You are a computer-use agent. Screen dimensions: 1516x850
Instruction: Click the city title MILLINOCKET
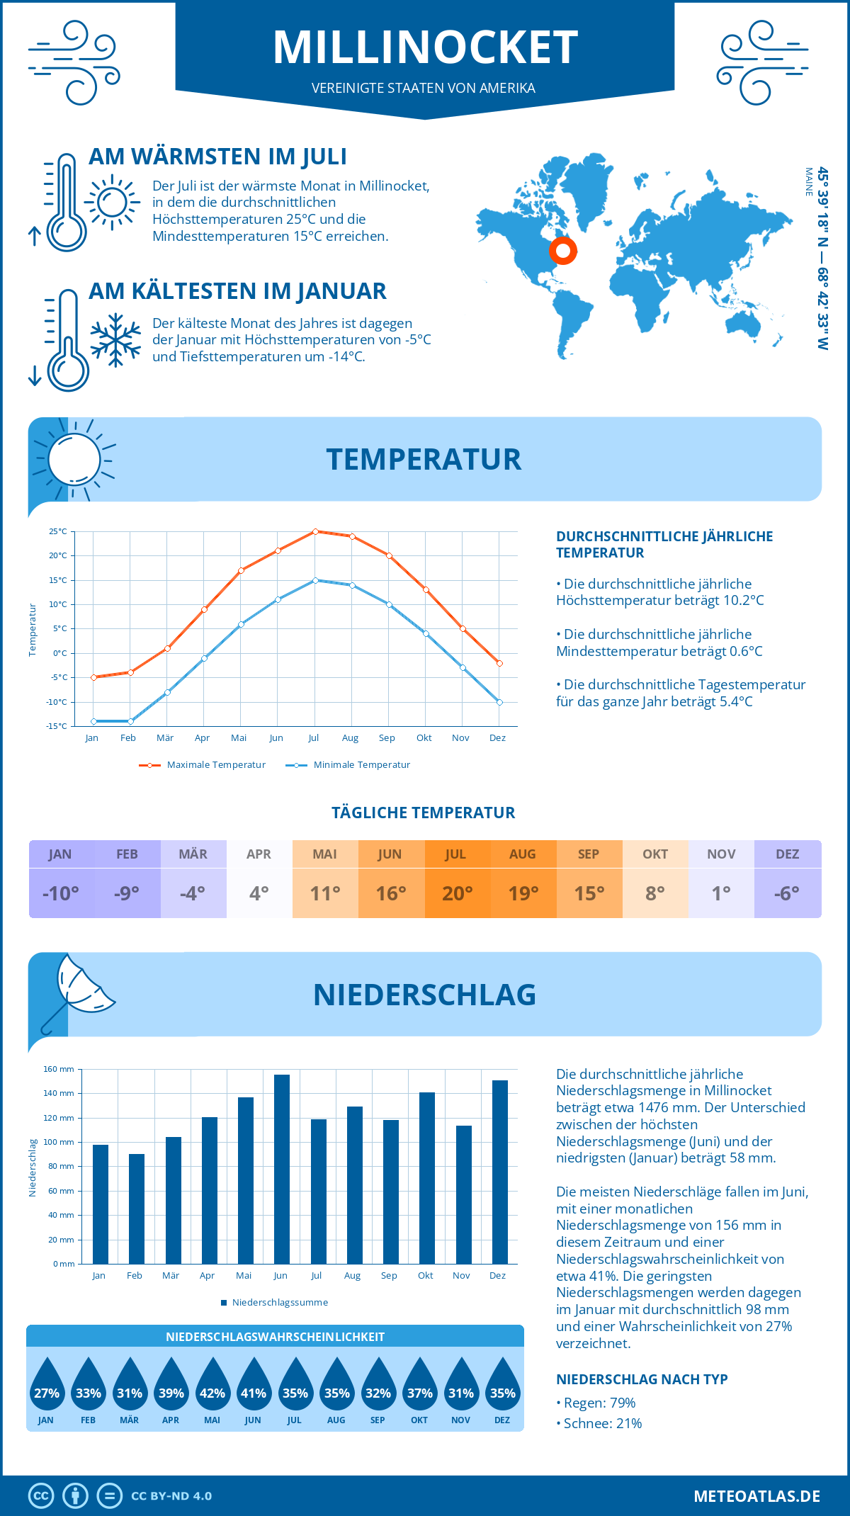pos(425,47)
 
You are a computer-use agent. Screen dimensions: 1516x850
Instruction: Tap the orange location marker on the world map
pos(563,250)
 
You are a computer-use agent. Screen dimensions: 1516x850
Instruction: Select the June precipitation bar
pos(282,1169)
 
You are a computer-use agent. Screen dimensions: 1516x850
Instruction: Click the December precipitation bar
pos(499,1172)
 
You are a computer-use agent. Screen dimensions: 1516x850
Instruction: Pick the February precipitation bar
pos(136,1209)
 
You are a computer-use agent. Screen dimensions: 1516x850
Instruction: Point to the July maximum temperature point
pos(315,531)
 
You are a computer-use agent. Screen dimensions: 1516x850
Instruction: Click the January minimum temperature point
pos(93,721)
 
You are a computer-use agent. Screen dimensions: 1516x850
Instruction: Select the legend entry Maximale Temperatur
pos(203,765)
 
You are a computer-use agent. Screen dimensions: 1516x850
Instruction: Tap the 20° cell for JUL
pos(457,893)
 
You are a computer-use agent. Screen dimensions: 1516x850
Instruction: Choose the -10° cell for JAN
pos(61,893)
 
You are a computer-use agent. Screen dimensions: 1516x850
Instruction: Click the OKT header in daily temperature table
pos(655,854)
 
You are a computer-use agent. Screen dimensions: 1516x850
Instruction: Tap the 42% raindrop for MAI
pos(212,1386)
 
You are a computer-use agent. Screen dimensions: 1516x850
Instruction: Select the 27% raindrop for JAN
pos(47,1386)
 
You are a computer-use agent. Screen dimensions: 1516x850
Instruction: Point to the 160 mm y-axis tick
pos(59,1069)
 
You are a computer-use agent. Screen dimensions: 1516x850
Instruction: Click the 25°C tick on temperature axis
pos(58,531)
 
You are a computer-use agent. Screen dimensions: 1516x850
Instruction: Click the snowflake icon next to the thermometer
pos(115,340)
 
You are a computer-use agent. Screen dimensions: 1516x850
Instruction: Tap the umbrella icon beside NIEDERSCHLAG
pos(78,988)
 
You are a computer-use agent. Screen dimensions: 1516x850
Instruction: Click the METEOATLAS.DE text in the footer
pos(756,1496)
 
